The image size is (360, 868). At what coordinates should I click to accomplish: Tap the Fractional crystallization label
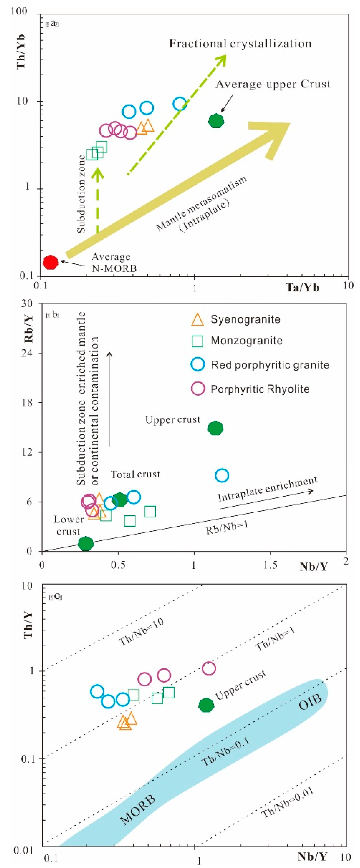coord(240,44)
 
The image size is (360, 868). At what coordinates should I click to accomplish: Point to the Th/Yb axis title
coord(21,51)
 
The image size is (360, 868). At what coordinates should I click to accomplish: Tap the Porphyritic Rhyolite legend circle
coord(198,388)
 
